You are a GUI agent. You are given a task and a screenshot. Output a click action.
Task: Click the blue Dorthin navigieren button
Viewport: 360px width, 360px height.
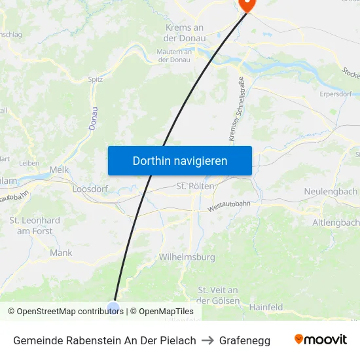click(x=180, y=160)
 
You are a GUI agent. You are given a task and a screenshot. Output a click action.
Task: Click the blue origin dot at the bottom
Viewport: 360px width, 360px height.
click(x=113, y=308)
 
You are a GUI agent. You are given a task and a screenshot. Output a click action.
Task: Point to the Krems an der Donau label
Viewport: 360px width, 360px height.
click(x=184, y=33)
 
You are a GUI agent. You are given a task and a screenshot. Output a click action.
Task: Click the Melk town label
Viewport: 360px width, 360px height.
click(x=59, y=170)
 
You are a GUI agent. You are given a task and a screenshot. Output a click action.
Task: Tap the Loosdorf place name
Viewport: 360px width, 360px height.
click(x=90, y=189)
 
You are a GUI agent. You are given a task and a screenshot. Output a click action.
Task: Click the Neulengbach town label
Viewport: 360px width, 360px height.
click(x=331, y=191)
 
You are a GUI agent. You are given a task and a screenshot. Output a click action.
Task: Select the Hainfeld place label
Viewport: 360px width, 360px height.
click(x=266, y=306)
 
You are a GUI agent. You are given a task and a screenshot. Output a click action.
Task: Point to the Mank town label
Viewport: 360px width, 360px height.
click(x=61, y=252)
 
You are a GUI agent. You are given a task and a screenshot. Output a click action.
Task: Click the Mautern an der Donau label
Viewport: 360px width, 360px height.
click(x=175, y=56)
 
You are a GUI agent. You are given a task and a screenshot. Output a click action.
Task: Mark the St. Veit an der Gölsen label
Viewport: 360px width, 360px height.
click(x=217, y=295)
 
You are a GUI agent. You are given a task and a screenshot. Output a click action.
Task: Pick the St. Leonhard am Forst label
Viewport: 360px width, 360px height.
click(x=35, y=226)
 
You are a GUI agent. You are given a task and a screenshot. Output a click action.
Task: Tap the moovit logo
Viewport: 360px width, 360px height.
click(x=321, y=339)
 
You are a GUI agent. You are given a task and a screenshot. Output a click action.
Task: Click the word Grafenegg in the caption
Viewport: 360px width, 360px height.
click(x=245, y=340)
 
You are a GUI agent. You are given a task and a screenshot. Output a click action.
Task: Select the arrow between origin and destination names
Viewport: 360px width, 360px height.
click(x=207, y=340)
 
